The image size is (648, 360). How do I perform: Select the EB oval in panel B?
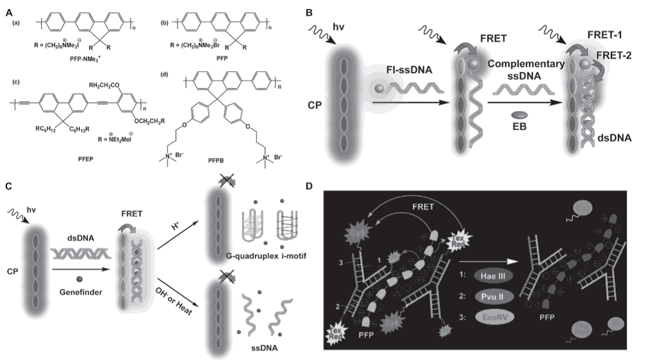[518, 114]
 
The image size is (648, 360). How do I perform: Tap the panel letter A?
[6, 7]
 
